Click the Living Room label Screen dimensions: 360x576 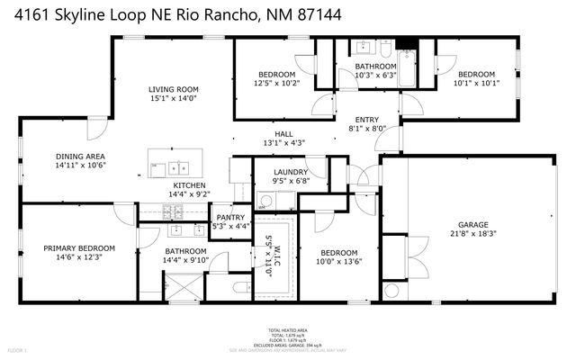point(174,89)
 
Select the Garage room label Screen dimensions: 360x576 point(472,225)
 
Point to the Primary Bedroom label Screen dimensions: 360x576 point(79,248)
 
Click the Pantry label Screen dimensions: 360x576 point(231,216)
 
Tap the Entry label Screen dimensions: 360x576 point(366,119)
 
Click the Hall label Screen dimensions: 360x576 point(283,133)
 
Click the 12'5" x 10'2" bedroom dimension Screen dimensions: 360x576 point(277,84)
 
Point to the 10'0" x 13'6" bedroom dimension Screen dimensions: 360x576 point(339,263)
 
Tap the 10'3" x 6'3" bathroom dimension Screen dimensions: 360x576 point(374,76)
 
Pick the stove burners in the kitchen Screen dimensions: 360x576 point(172,212)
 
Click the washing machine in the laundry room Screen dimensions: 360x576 point(265,200)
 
